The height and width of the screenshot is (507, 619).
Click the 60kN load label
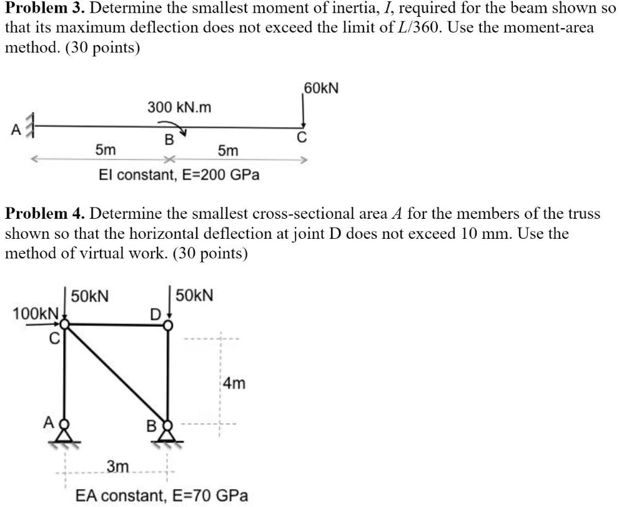321,88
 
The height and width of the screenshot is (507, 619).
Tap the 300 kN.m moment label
180,107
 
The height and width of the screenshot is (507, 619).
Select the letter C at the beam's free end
302,138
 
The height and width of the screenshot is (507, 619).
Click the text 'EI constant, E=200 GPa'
179,174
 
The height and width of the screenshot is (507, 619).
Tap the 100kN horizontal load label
36,314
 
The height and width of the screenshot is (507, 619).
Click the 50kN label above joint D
194,296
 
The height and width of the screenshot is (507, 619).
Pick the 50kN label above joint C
90,296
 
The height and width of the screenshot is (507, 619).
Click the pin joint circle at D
168,325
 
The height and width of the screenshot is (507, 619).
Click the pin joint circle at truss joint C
65,324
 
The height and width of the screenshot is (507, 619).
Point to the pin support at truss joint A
65,433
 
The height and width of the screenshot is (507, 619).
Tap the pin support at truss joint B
168,433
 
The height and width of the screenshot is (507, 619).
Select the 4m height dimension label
234,383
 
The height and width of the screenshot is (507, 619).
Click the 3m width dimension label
117,466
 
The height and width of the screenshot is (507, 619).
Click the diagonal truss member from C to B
116,375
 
